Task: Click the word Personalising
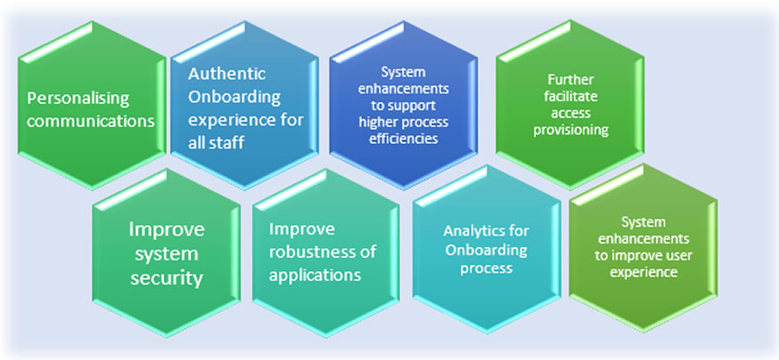pos(78,98)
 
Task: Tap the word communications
pos(92,121)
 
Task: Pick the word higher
pos(376,122)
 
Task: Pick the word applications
pos(315,275)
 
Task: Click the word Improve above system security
pos(167,229)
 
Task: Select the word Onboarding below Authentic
pos(237,97)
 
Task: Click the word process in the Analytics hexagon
pos(486,268)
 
